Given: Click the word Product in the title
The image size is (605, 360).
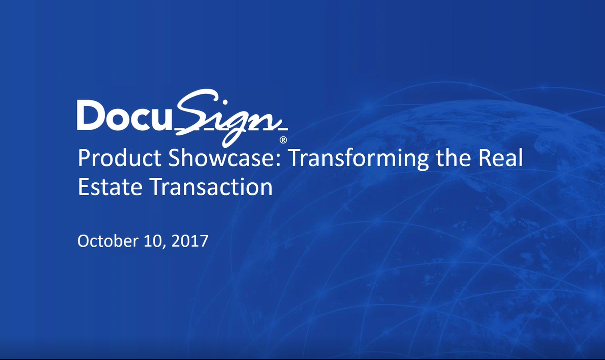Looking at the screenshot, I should tap(119, 159).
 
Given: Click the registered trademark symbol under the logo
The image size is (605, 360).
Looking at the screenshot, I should tap(283, 140).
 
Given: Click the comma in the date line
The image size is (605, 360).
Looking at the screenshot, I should tap(164, 246).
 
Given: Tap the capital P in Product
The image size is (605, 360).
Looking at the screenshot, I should tap(84, 159).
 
